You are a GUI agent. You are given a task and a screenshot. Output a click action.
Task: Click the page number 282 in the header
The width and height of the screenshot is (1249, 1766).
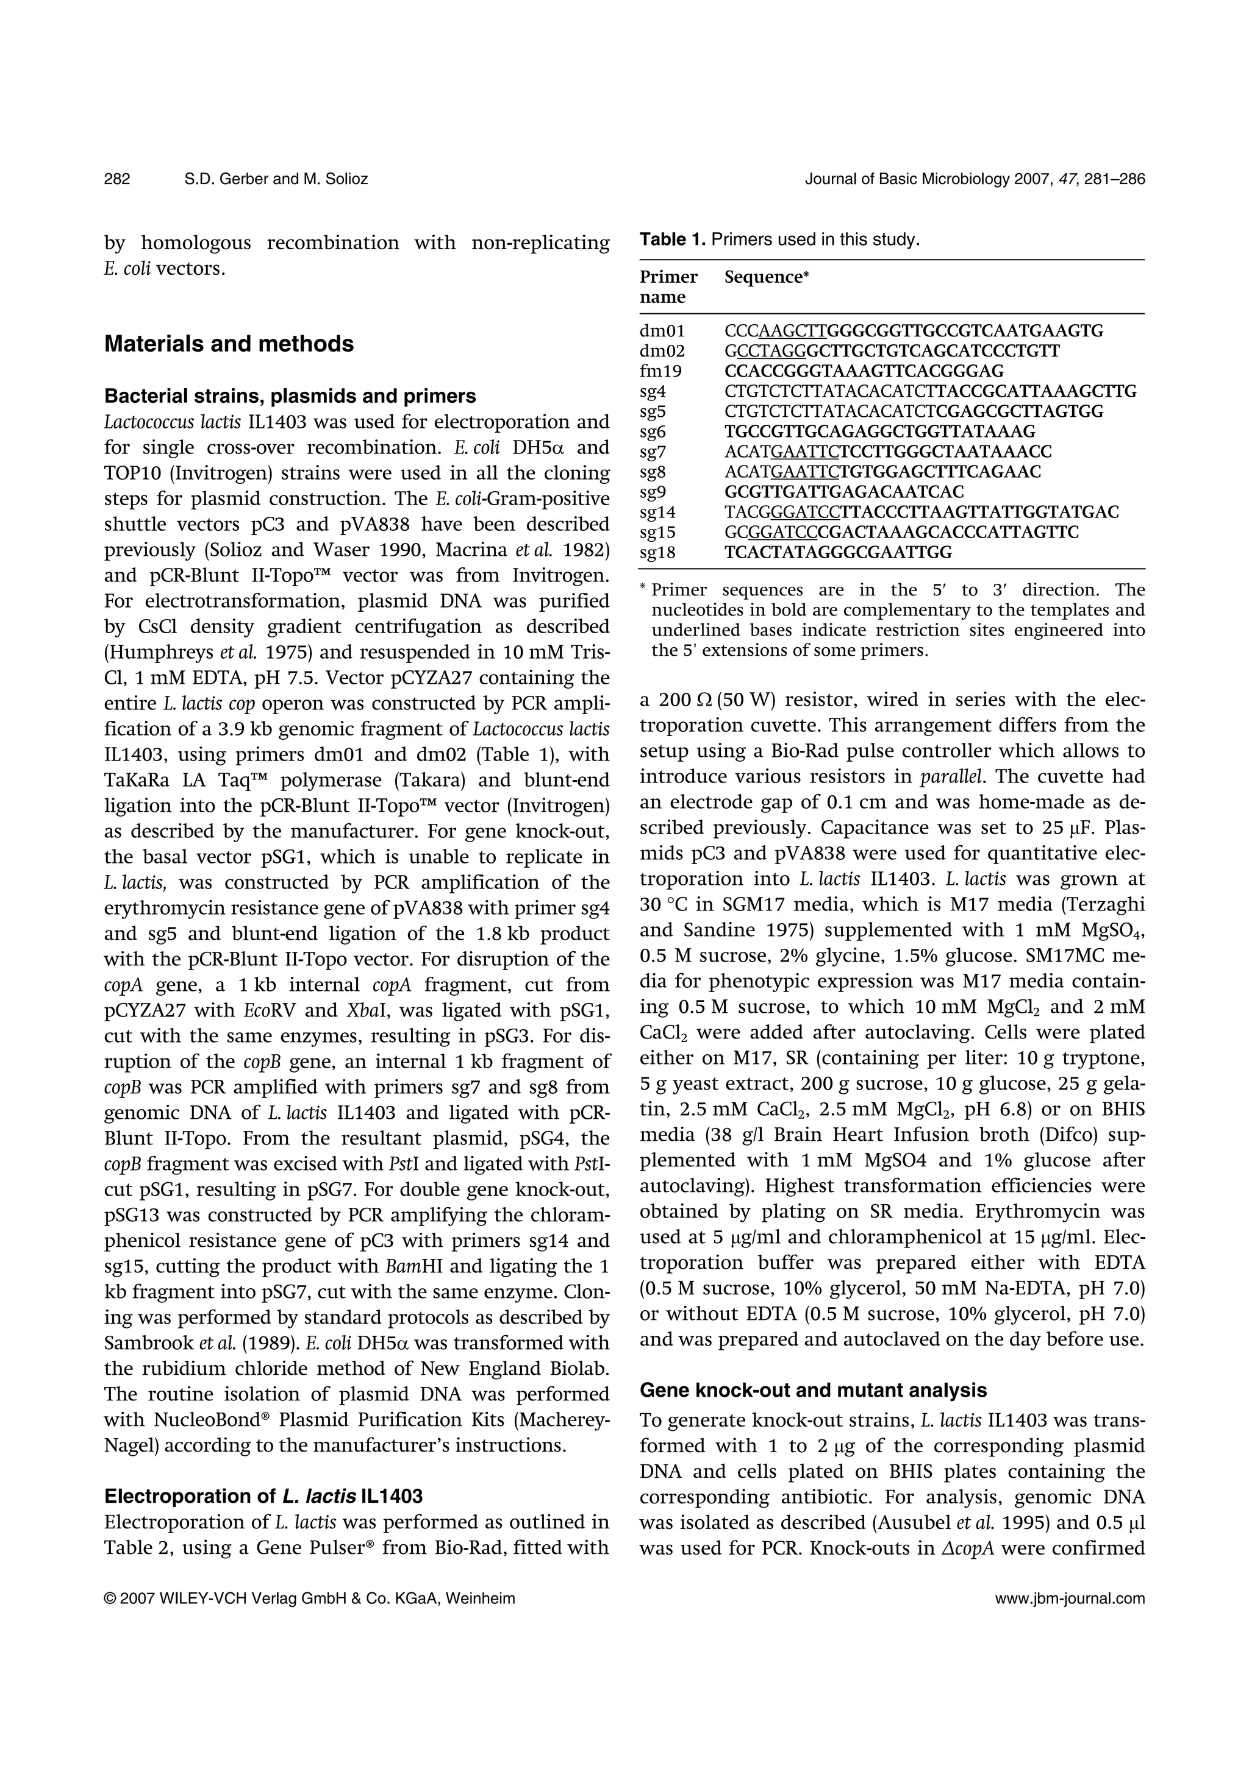pyautogui.click(x=117, y=179)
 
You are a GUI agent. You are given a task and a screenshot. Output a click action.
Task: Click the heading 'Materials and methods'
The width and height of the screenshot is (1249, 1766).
pyautogui.click(x=229, y=344)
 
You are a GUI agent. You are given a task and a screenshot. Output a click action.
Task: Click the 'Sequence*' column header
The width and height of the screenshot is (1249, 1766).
pyautogui.click(x=767, y=277)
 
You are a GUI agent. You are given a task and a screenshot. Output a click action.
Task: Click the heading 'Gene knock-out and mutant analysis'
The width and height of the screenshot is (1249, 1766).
pyautogui.click(x=813, y=1390)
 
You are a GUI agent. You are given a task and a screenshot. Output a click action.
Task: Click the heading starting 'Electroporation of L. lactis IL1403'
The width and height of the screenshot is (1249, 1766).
pyautogui.click(x=263, y=1496)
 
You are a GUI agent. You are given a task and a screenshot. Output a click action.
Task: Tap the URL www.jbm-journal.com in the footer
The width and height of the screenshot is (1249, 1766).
pyautogui.click(x=1070, y=1599)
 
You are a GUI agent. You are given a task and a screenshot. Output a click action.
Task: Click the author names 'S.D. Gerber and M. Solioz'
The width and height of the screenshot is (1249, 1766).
pyautogui.click(x=276, y=179)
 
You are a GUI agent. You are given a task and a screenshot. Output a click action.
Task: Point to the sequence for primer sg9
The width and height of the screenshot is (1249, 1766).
pyautogui.click(x=843, y=492)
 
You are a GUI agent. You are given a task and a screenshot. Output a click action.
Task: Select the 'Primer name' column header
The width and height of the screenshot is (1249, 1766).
pyautogui.click(x=668, y=286)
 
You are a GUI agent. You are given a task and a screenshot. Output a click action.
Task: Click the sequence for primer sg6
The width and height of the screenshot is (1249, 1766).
pyautogui.click(x=879, y=431)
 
